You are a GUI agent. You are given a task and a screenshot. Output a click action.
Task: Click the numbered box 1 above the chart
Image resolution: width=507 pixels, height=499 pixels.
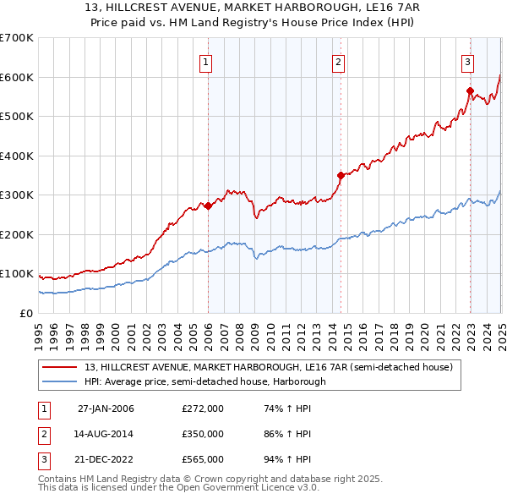[x=207, y=61]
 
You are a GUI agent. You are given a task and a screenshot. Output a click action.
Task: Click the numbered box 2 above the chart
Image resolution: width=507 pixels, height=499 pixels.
[x=338, y=61]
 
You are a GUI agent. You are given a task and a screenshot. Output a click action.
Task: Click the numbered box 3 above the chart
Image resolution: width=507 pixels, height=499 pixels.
[x=467, y=61]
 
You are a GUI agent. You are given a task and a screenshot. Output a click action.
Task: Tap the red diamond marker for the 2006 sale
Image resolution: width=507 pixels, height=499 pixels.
[x=208, y=206]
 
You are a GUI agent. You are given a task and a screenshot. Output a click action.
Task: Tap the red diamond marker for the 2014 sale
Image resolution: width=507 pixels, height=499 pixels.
[x=341, y=175]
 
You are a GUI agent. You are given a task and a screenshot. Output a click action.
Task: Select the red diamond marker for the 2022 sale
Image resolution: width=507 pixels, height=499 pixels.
[x=470, y=90]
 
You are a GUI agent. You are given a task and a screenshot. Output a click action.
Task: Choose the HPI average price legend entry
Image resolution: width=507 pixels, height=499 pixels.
[x=204, y=381]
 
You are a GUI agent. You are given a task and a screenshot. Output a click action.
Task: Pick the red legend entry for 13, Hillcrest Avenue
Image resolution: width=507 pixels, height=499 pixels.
[x=269, y=367]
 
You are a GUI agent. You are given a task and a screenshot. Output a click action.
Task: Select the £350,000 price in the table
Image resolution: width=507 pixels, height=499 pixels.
[x=203, y=434]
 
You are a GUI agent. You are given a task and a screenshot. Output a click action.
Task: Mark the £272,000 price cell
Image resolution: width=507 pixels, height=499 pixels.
[x=203, y=409]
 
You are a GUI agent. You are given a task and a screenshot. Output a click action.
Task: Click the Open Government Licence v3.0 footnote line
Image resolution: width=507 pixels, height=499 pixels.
[x=178, y=488]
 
